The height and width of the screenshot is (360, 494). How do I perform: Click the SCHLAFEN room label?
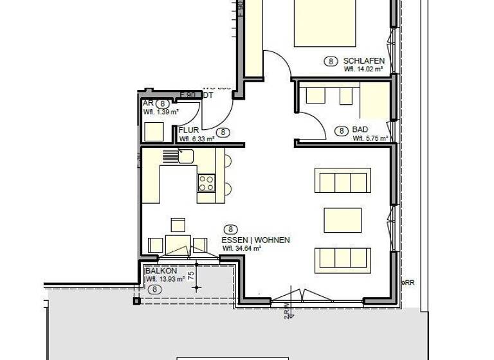364,60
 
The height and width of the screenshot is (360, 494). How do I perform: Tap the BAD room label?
360,130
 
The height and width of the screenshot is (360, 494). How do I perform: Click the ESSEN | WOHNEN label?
256,240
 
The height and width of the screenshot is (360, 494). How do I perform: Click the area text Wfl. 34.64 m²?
241,248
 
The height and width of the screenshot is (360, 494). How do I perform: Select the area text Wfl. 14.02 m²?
363,69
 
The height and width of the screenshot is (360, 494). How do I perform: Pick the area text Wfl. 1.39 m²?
161,112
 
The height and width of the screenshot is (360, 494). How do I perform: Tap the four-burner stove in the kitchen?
206,183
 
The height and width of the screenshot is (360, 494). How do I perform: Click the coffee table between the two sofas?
342,220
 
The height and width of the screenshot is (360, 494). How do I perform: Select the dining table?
178,244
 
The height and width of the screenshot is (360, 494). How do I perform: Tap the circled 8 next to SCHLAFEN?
331,62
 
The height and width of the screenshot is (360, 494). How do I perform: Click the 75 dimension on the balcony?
191,277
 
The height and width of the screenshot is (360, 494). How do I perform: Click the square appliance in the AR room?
154,132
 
